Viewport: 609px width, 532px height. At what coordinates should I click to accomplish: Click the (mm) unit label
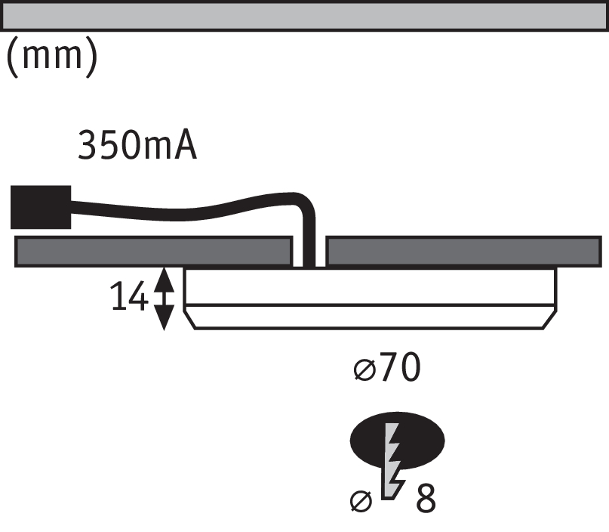52,57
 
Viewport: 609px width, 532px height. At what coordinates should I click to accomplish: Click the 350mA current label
137,144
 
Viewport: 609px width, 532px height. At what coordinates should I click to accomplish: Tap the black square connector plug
41,207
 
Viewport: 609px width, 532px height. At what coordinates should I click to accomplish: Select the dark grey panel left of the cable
153,252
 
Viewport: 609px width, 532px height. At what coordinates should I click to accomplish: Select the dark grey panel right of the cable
464,252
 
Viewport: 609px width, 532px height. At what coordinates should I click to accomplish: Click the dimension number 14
129,296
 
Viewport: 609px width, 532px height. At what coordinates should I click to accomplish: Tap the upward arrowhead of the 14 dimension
164,280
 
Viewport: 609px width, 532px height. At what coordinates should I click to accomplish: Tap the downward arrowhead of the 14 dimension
164,317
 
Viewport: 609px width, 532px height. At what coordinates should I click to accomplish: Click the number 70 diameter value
401,367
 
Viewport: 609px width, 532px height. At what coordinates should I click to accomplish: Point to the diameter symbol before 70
365,370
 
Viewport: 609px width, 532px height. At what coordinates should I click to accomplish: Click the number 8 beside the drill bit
426,498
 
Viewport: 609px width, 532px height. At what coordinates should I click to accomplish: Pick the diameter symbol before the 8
361,501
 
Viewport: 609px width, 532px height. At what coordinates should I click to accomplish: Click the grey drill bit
393,461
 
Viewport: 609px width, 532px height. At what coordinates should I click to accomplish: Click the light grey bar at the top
305,16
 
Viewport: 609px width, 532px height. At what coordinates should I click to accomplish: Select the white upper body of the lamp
370,286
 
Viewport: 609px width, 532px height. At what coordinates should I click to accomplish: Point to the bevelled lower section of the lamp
370,317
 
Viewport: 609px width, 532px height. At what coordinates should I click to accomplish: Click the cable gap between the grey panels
309,252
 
